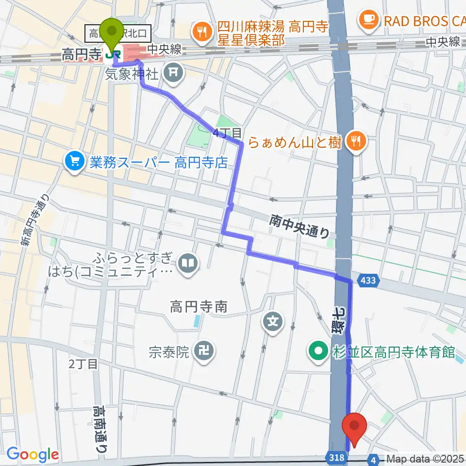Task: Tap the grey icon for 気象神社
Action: tap(172, 74)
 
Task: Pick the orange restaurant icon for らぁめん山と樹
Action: tap(357, 142)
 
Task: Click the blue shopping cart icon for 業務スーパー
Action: tap(74, 162)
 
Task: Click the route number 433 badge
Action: tap(367, 281)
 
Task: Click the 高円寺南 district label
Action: tap(199, 306)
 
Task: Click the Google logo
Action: tap(33, 454)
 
